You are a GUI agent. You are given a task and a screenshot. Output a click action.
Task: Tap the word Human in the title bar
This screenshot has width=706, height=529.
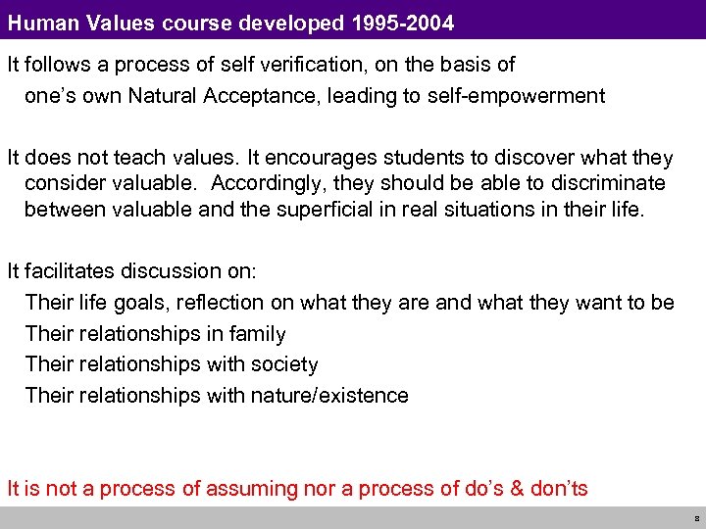click(38, 19)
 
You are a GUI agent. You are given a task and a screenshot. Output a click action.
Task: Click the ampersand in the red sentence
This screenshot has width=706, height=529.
click(517, 488)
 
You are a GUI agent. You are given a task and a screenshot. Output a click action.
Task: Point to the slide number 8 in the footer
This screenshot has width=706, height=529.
click(695, 518)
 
